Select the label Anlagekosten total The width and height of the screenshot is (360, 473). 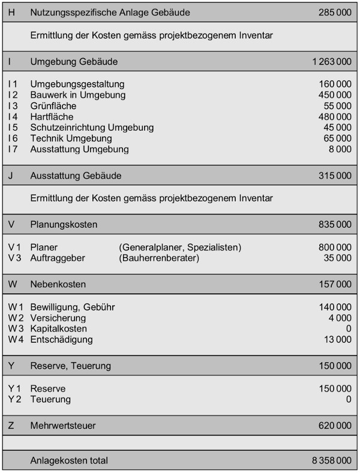69,460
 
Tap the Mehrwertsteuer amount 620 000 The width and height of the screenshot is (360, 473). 335,426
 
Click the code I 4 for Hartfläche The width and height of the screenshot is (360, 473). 13,117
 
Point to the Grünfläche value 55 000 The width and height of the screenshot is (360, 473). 338,106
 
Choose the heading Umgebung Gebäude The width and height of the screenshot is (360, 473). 74,62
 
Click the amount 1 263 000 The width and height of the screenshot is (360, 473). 332,62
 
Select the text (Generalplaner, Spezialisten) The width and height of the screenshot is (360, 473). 180,248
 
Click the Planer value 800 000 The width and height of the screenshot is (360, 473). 335,248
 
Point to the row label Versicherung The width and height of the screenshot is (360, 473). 57,318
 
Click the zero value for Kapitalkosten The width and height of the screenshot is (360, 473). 349,329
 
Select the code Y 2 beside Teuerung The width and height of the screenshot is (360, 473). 15,399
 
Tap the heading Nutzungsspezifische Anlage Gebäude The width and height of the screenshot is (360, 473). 110,12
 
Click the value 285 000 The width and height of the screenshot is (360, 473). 335,12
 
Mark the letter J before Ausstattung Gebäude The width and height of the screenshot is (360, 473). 11,176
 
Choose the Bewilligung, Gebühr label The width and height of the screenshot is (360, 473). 73,307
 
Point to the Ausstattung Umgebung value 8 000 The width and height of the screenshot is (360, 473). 340,149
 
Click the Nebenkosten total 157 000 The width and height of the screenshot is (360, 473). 335,284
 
